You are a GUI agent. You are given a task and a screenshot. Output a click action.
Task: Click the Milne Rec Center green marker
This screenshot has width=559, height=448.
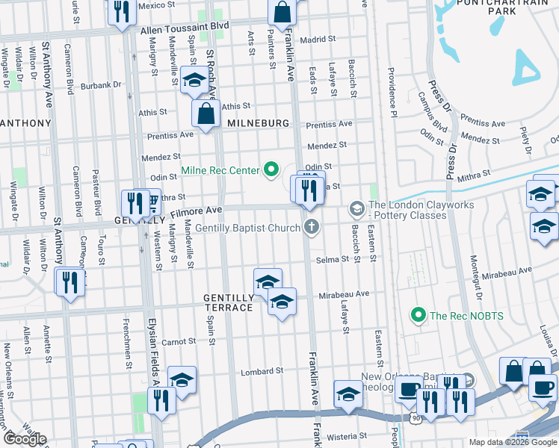tap(272, 171)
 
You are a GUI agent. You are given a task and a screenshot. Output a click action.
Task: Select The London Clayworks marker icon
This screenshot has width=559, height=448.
tap(356, 207)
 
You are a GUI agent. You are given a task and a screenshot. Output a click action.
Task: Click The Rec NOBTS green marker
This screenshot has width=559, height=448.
tap(419, 316)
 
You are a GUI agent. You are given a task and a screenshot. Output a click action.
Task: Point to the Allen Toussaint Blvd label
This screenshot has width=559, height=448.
tap(185, 25)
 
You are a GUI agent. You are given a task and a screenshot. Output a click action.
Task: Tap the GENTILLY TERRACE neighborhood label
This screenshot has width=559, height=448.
tap(229, 302)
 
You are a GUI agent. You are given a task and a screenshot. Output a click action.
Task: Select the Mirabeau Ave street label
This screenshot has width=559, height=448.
tap(345, 294)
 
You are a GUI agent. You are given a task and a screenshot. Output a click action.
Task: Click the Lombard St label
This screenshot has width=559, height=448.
tap(262, 371)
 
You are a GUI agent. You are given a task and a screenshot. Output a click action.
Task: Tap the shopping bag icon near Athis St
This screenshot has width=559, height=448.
tap(205, 113)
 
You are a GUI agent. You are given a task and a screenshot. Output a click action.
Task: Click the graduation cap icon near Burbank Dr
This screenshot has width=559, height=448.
tap(194, 79)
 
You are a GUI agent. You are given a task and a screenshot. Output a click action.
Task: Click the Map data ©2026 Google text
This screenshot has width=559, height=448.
tap(513, 442)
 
